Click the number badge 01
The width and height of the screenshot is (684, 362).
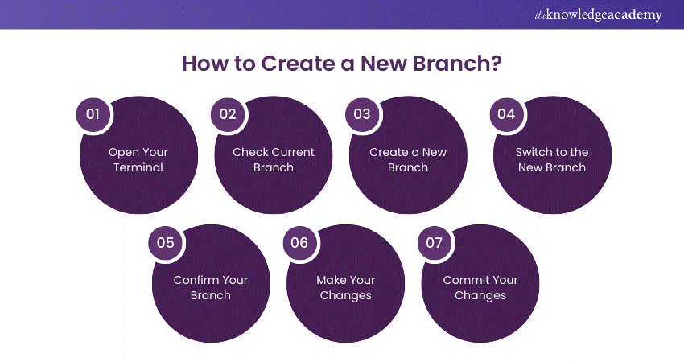[x=93, y=114]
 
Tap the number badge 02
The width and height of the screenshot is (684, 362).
[x=228, y=114]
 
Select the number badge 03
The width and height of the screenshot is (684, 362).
[x=362, y=114]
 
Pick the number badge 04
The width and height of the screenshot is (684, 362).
[x=506, y=114]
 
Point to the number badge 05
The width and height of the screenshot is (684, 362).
[x=165, y=242]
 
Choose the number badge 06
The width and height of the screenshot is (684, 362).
[x=299, y=242]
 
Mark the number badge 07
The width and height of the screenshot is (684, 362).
[x=435, y=242]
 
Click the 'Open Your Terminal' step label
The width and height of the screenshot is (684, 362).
[x=138, y=160]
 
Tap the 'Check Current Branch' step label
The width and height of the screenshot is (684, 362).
[x=274, y=160]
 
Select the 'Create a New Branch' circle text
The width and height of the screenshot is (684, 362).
[x=408, y=160]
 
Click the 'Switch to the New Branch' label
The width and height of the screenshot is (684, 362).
[x=552, y=160]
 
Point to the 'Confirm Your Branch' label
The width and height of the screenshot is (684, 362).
[x=211, y=288]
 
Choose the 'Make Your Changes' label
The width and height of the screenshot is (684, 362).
[x=345, y=288]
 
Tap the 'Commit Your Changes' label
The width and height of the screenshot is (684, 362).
[x=480, y=288]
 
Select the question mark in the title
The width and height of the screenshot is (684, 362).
[x=497, y=64]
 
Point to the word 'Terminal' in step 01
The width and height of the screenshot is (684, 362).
[x=138, y=168]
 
